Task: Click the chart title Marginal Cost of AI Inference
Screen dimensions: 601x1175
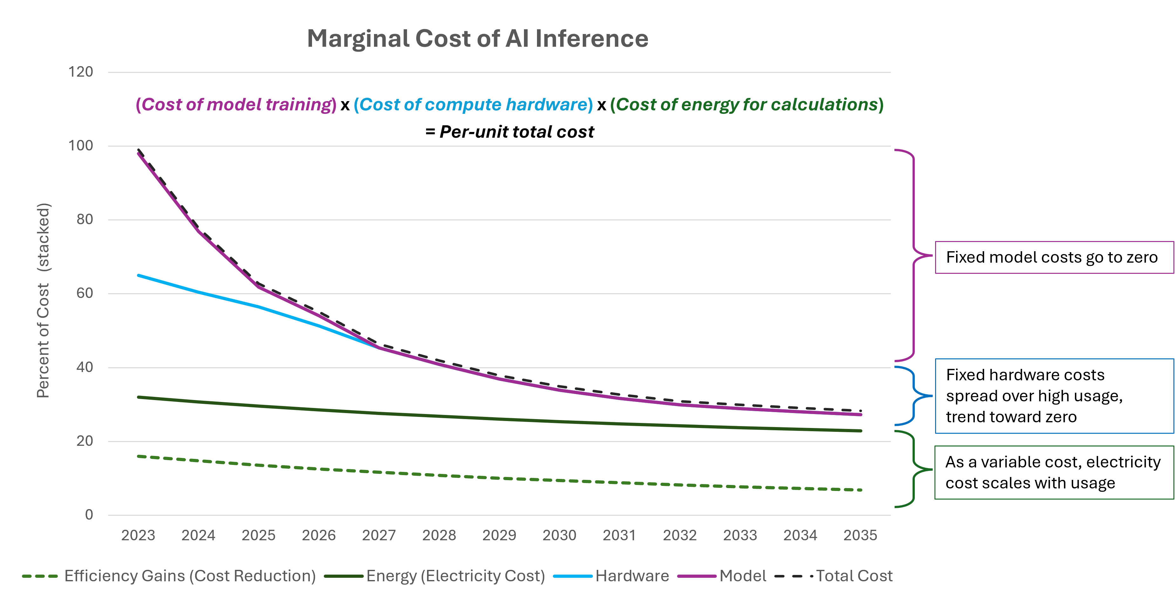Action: click(x=477, y=38)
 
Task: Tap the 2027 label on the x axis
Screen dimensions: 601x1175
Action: click(x=379, y=535)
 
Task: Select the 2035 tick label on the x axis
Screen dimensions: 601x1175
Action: click(x=860, y=535)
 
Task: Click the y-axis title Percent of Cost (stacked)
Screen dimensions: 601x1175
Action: click(x=43, y=300)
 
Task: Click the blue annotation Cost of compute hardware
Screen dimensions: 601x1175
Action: click(x=473, y=105)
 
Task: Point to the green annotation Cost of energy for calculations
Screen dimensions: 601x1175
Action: click(x=747, y=105)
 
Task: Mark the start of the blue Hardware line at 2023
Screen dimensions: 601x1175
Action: click(x=138, y=275)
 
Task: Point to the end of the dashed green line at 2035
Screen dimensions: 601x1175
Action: click(x=860, y=490)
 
